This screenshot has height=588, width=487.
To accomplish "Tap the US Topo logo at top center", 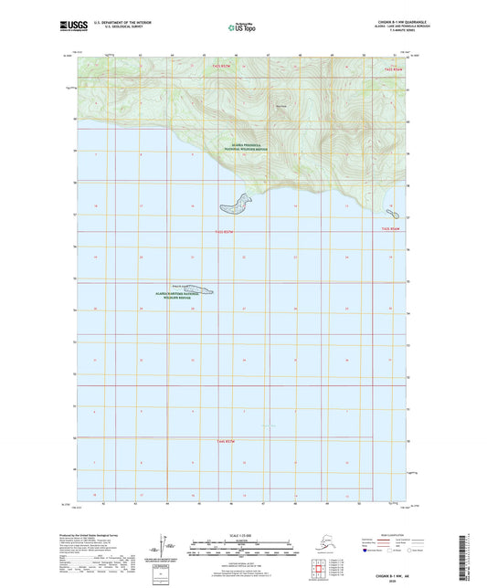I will (x=241, y=28).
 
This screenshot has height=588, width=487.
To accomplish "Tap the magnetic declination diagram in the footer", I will (x=164, y=543).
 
